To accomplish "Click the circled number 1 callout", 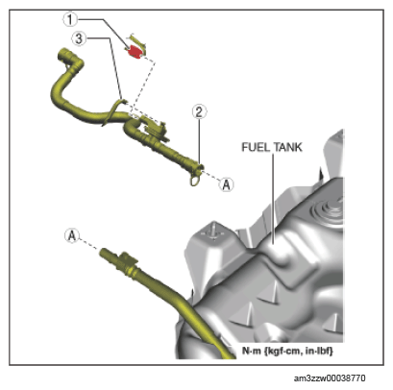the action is click(x=70, y=20).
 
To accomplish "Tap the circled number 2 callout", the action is click(x=199, y=112).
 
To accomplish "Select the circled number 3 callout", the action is click(x=79, y=39).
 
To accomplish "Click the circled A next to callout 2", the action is click(x=226, y=184).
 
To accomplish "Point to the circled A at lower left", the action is click(x=72, y=236).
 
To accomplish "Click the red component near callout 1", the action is click(x=135, y=52).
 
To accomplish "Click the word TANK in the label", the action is click(x=287, y=147).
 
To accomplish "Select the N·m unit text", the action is click(x=251, y=351).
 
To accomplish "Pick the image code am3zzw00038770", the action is click(x=330, y=378).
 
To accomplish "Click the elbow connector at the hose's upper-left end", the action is click(x=70, y=60).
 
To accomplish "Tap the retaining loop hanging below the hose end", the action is click(x=195, y=180).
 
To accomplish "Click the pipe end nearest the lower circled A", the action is click(x=103, y=252).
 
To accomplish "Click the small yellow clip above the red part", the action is click(x=137, y=40).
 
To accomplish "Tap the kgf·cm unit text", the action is click(x=284, y=351).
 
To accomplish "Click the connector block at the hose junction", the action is click(x=156, y=129).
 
